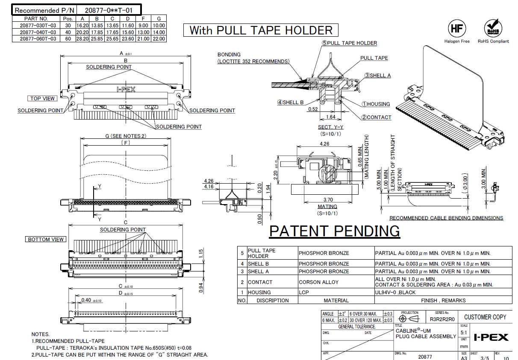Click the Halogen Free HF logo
[456, 28]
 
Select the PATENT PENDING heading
[334, 231]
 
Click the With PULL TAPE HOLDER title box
[261, 30]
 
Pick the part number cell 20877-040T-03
[38, 32]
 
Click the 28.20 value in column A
[82, 39]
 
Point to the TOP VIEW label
[42, 99]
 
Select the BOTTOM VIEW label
[46, 240]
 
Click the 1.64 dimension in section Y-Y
[330, 117]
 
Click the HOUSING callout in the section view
[378, 104]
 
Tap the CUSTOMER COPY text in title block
[485, 317]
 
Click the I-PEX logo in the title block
[491, 337]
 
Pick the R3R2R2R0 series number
[442, 319]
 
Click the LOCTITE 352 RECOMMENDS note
[253, 61]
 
